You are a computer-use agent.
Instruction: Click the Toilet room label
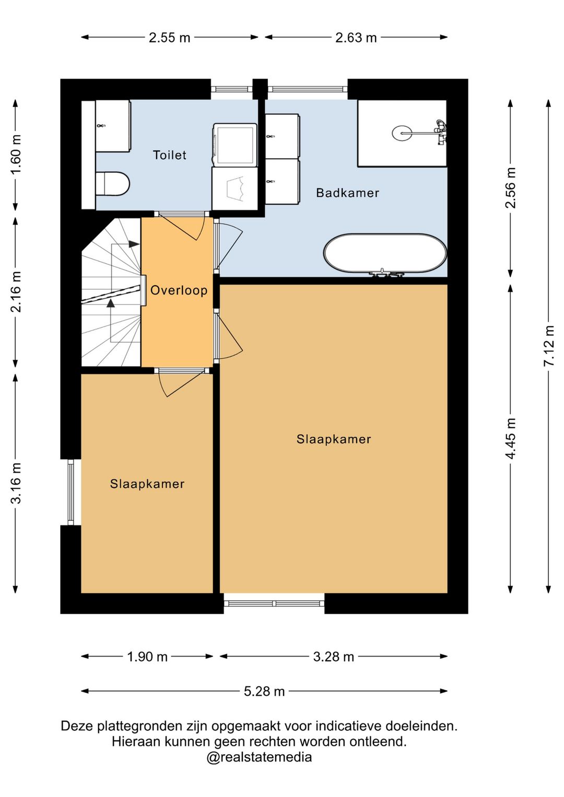click(169, 155)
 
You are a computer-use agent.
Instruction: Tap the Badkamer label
click(347, 193)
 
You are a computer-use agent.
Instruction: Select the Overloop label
click(179, 290)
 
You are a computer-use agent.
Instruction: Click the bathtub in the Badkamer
click(385, 253)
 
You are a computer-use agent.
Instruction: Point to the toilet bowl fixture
click(112, 184)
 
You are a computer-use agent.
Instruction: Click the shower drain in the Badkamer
click(402, 133)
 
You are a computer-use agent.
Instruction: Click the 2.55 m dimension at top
click(169, 38)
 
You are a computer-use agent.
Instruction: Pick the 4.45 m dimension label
click(511, 438)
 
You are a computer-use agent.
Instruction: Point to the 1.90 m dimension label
click(147, 657)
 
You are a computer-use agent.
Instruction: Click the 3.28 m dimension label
click(333, 657)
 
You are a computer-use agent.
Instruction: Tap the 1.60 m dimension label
click(16, 155)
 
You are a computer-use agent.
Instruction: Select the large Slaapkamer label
click(333, 439)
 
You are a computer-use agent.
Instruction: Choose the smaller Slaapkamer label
click(147, 484)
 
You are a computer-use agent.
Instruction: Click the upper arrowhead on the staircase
click(134, 244)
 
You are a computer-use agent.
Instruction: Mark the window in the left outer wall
click(70, 492)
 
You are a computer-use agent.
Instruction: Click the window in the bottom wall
click(274, 603)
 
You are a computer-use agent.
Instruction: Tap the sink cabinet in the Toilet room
click(112, 126)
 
